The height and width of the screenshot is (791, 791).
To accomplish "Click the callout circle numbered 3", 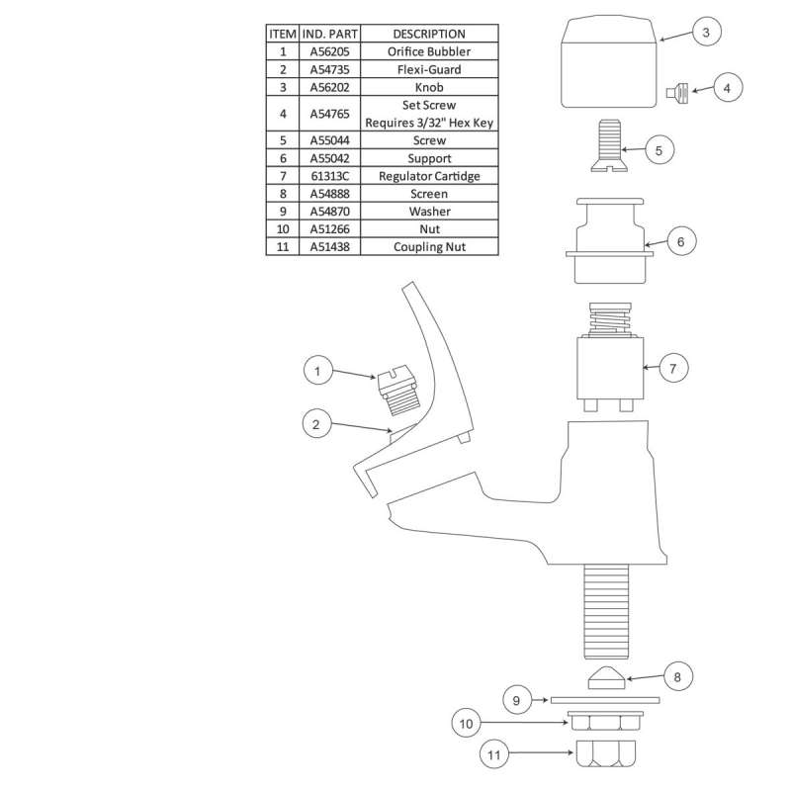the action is [x=706, y=32].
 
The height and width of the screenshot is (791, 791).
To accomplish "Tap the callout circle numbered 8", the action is [x=677, y=676].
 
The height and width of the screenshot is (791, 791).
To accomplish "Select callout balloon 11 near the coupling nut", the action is [x=493, y=754].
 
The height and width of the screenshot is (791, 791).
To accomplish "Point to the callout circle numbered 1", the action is [x=317, y=371].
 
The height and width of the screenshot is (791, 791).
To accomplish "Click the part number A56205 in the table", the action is [x=329, y=51].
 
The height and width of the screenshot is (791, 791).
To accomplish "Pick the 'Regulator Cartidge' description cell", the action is [x=429, y=176].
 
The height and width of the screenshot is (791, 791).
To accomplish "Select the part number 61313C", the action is [x=329, y=176].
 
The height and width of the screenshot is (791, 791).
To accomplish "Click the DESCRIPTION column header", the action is [x=429, y=34].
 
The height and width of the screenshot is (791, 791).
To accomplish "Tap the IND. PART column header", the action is [x=329, y=34].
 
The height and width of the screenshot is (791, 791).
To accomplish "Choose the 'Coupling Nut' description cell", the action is [x=429, y=246].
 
